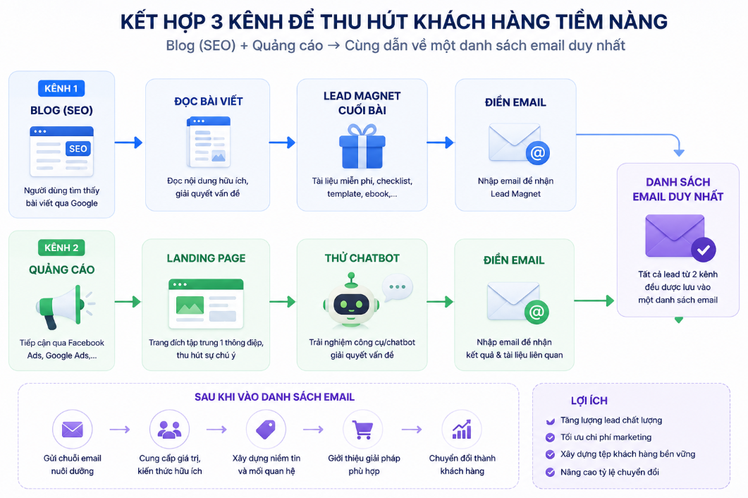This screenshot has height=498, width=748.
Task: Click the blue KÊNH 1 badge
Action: [61, 88]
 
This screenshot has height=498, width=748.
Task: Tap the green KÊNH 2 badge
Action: [61, 248]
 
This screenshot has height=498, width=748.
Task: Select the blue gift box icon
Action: [362, 146]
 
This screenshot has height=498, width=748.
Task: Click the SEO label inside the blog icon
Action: [78, 149]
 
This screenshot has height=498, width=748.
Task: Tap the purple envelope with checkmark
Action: [680, 238]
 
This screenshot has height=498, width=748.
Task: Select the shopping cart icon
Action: [363, 430]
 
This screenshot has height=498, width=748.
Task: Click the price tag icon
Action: [266, 430]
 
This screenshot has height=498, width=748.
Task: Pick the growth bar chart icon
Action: [462, 430]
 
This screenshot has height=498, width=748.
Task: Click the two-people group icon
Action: [169, 430]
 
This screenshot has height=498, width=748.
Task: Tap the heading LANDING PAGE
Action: [206, 258]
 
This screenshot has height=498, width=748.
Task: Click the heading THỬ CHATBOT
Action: [362, 258]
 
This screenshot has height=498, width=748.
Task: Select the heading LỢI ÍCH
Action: [589, 401]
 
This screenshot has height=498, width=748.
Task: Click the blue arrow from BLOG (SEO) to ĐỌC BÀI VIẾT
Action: [129, 142]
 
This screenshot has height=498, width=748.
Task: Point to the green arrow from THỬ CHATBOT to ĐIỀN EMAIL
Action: [440, 302]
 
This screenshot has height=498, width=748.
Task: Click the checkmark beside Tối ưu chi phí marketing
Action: [550, 437]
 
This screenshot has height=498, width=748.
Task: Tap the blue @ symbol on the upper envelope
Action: [538, 153]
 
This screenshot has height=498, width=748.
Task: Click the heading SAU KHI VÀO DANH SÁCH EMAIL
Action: [274, 397]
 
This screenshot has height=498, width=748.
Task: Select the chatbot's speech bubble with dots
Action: [398, 287]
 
